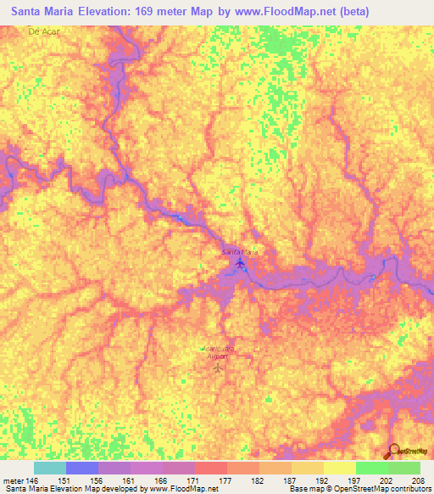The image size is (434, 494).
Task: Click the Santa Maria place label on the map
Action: (x=239, y=253)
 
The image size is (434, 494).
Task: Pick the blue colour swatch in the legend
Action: (x=82, y=468)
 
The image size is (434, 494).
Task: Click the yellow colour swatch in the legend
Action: (x=339, y=468)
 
